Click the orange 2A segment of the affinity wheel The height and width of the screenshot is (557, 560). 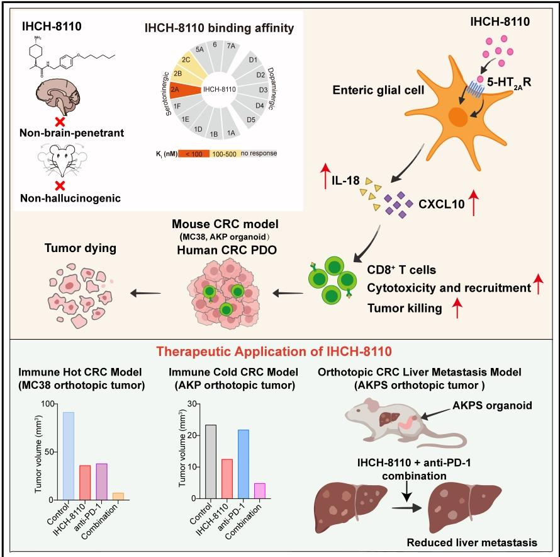(x=184, y=90)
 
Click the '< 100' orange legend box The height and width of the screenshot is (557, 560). (x=194, y=154)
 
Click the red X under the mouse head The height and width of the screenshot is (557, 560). (x=60, y=186)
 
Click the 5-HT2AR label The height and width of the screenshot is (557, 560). (x=509, y=83)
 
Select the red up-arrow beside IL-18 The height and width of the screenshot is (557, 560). (x=325, y=176)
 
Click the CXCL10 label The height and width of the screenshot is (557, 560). (x=442, y=204)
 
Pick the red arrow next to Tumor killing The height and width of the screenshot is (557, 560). (x=457, y=308)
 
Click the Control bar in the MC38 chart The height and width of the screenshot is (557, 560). (x=69, y=456)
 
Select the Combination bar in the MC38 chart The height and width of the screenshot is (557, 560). (x=118, y=496)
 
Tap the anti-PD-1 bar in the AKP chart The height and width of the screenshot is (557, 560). (x=244, y=464)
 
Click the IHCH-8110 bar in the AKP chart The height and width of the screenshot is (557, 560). (x=227, y=479)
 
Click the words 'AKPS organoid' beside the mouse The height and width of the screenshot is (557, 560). (x=492, y=405)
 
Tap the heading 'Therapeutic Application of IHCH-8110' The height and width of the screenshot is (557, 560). (x=274, y=352)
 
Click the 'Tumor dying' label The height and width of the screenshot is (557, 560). (x=81, y=248)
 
